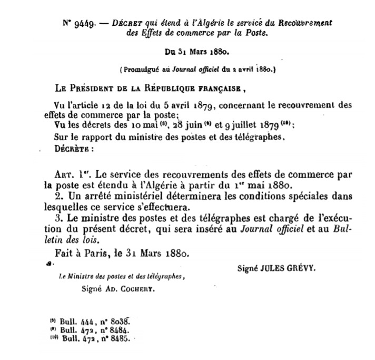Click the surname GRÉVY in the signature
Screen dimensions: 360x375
click(x=299, y=267)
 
